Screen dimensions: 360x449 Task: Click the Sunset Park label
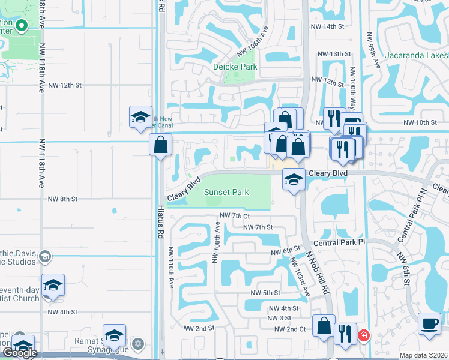[x=226, y=193]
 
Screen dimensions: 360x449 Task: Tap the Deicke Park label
[x=234, y=67]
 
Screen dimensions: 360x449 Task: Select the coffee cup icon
[x=429, y=322]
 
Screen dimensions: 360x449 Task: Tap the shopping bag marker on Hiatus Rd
[x=161, y=145]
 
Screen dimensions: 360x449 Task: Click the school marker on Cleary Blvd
[x=294, y=179]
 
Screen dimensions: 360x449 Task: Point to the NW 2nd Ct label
[x=290, y=329]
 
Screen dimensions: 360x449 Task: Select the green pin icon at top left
[x=21, y=26]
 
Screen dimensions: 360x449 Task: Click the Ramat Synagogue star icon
[x=139, y=343]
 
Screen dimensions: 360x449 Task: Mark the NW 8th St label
[x=62, y=199]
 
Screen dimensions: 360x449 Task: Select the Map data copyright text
[x=423, y=355]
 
